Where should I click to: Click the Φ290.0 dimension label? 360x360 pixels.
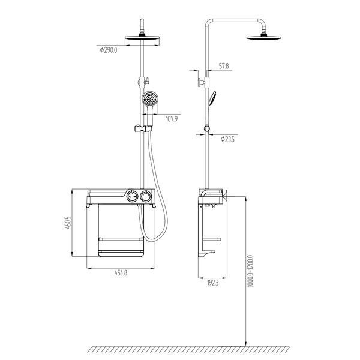[x=109, y=50]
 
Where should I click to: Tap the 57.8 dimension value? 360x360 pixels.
[x=224, y=66]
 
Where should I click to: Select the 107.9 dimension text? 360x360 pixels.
[x=172, y=119]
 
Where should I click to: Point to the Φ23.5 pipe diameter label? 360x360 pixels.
[x=227, y=139]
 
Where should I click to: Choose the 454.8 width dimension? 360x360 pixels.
[x=121, y=273]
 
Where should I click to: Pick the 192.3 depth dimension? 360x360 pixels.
[x=213, y=283]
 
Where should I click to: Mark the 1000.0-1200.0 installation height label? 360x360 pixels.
[x=250, y=271]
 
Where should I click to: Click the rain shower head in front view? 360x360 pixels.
[x=142, y=38]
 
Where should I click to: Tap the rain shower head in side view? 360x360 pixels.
[x=264, y=37]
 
